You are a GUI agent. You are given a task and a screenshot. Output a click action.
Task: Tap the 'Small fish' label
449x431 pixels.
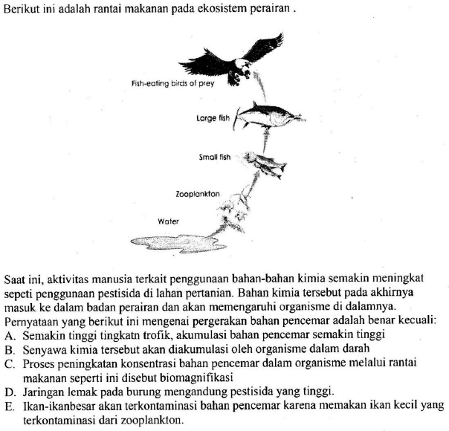coord(216,158)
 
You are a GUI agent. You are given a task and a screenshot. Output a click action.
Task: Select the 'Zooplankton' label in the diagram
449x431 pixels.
coord(198,193)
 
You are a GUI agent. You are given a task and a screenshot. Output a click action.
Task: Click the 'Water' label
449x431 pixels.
coord(168,221)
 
